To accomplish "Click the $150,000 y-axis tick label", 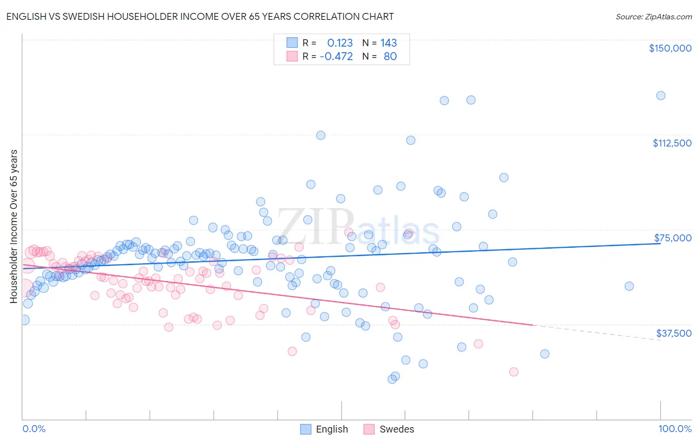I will coord(670,48).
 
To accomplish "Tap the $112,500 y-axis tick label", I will coord(672,143).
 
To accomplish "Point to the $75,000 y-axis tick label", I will coord(673,238).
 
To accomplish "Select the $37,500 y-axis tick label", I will coord(674,333).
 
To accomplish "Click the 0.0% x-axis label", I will coord(34,429).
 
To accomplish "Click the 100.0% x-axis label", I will coord(675,429).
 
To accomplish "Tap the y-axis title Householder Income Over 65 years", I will coord(13,226).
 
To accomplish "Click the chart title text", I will coord(200,16).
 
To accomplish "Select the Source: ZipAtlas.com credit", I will coord(653,16).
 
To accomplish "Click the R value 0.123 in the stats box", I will coord(340,43).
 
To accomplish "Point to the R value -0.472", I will coord(336,56).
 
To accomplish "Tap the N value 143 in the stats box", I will coord(389,43).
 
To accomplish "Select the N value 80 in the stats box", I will coord(390,56).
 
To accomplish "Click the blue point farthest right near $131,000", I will coord(660,96).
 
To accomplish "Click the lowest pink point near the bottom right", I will coord(513,372).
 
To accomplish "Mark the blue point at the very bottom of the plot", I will coord(392,379).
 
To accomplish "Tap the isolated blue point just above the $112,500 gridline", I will coord(321,135).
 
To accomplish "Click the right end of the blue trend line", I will coord(660,243).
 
